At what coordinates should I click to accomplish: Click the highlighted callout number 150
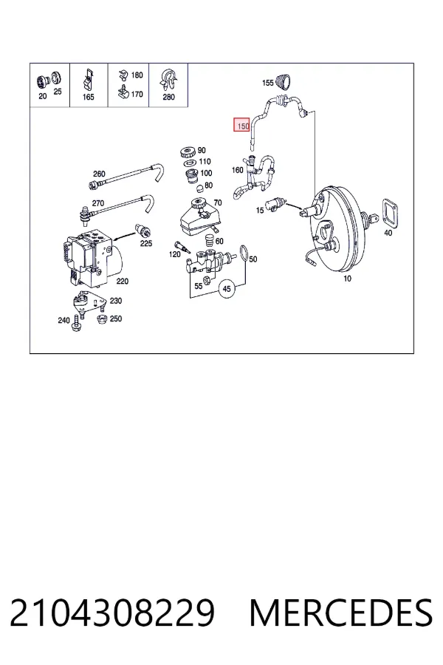pos(242,126)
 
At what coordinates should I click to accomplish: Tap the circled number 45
pos(227,288)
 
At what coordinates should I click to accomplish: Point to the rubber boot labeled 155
pos(284,81)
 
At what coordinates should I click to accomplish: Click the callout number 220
pos(122,282)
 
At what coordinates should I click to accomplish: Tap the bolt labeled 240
pos(77,323)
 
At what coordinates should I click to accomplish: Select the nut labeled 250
pos(101,319)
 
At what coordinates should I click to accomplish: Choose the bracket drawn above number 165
pos(88,79)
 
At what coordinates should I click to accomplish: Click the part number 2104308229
pos(112,613)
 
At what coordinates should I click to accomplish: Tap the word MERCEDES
pos(341,613)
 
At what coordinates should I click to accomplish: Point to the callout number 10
pos(347,279)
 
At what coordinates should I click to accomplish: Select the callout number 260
pos(99,174)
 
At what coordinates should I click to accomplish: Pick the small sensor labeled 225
pos(142,230)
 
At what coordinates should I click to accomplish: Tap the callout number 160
pos(238,170)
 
